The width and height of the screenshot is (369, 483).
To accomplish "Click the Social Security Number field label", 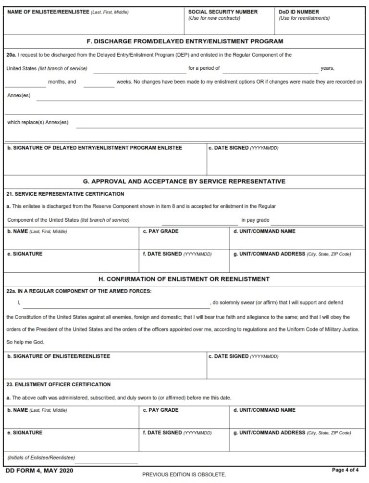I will (x=222, y=12).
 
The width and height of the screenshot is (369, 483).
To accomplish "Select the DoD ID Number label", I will (x=298, y=12).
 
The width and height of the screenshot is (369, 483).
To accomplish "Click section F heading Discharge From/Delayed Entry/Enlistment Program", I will (x=184, y=41).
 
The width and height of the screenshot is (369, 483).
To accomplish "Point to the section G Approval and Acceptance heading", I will (x=184, y=181).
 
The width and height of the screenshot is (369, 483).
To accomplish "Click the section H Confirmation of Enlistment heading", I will (x=184, y=279).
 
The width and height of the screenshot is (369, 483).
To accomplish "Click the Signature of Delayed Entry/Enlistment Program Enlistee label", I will (x=95, y=148).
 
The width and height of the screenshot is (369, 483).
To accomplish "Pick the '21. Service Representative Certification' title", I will (x=65, y=194).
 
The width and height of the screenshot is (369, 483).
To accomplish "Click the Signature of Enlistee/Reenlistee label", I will (x=59, y=356).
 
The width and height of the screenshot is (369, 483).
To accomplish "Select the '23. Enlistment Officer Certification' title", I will (x=59, y=384).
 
